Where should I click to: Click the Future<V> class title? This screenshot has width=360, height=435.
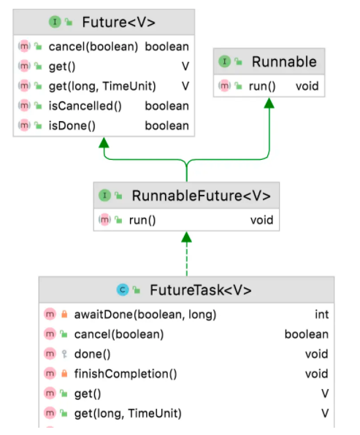pos(118,22)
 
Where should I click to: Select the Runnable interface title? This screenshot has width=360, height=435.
pos(284,61)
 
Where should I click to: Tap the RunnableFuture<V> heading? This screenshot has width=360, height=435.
pos(201,196)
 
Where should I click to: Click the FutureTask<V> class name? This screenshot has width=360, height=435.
pos(201,290)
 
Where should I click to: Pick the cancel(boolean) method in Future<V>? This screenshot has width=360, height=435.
pos(93,47)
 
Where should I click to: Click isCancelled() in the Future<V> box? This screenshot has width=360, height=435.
pos(85,106)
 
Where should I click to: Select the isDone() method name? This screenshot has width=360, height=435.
pos(72,126)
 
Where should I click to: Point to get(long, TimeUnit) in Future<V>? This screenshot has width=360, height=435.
pos(102,86)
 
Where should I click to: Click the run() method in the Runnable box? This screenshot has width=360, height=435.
pos(262,86)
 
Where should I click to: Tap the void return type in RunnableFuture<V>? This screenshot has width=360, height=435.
pos(261,220)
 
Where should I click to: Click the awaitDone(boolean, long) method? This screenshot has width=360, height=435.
pos(145,315)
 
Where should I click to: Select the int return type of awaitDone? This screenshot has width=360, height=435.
pos(322,315)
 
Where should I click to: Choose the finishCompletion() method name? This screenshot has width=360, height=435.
pos(126,374)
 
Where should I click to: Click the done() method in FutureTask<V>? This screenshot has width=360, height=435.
pos(93,354)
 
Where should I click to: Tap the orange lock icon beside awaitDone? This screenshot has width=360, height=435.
pos(64,314)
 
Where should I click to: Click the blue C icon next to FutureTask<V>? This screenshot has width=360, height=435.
pos(123,290)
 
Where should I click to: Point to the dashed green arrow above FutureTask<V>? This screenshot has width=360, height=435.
pos(186,253)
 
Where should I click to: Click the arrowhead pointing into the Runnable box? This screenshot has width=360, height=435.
pos(269,103)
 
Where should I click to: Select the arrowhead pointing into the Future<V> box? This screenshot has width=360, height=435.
pos(104,142)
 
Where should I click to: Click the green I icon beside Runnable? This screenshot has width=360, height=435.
pos(225,61)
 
